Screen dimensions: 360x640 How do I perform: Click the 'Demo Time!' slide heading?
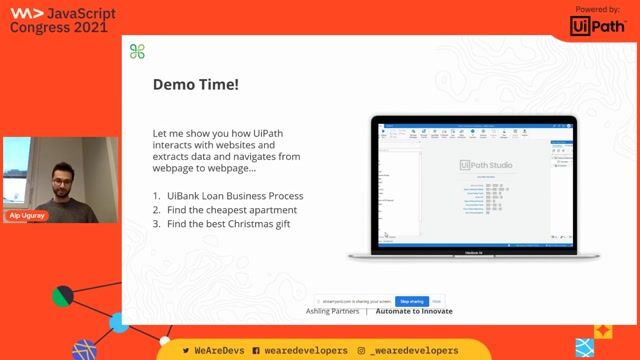point(195,85)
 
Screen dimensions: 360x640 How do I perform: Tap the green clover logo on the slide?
point(138,52)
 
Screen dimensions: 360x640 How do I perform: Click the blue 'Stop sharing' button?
point(411,300)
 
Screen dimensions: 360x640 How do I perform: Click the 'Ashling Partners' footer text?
point(331,311)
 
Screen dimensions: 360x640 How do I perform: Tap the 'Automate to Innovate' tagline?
point(412,311)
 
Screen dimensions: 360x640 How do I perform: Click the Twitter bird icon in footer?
point(186,351)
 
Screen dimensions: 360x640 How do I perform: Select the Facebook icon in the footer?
point(256,351)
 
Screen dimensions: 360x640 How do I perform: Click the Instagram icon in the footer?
point(361,351)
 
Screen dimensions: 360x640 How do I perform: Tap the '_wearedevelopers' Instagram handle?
point(413,351)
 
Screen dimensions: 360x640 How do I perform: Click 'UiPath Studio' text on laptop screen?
point(484,164)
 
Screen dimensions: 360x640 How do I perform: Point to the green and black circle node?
point(64,295)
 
